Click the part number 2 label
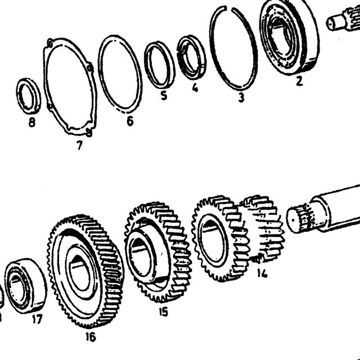tap(299, 81)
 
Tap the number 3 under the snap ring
tap(241, 97)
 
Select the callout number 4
tap(195, 88)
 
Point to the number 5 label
tap(164, 95)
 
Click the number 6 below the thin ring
tap(130, 121)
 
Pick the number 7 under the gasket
tap(79, 145)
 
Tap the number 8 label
tap(32, 122)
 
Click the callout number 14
tap(262, 273)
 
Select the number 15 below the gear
tap(163, 312)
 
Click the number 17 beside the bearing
tap(37, 319)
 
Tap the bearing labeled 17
tap(26, 286)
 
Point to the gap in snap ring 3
tap(229, 9)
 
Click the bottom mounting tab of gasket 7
tap(89, 133)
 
